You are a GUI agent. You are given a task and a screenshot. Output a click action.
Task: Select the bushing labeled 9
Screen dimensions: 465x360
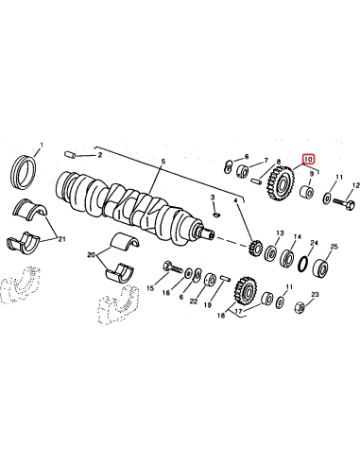(x=308, y=196)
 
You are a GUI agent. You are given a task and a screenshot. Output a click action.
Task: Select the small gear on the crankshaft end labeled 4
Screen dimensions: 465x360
(x=252, y=251)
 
